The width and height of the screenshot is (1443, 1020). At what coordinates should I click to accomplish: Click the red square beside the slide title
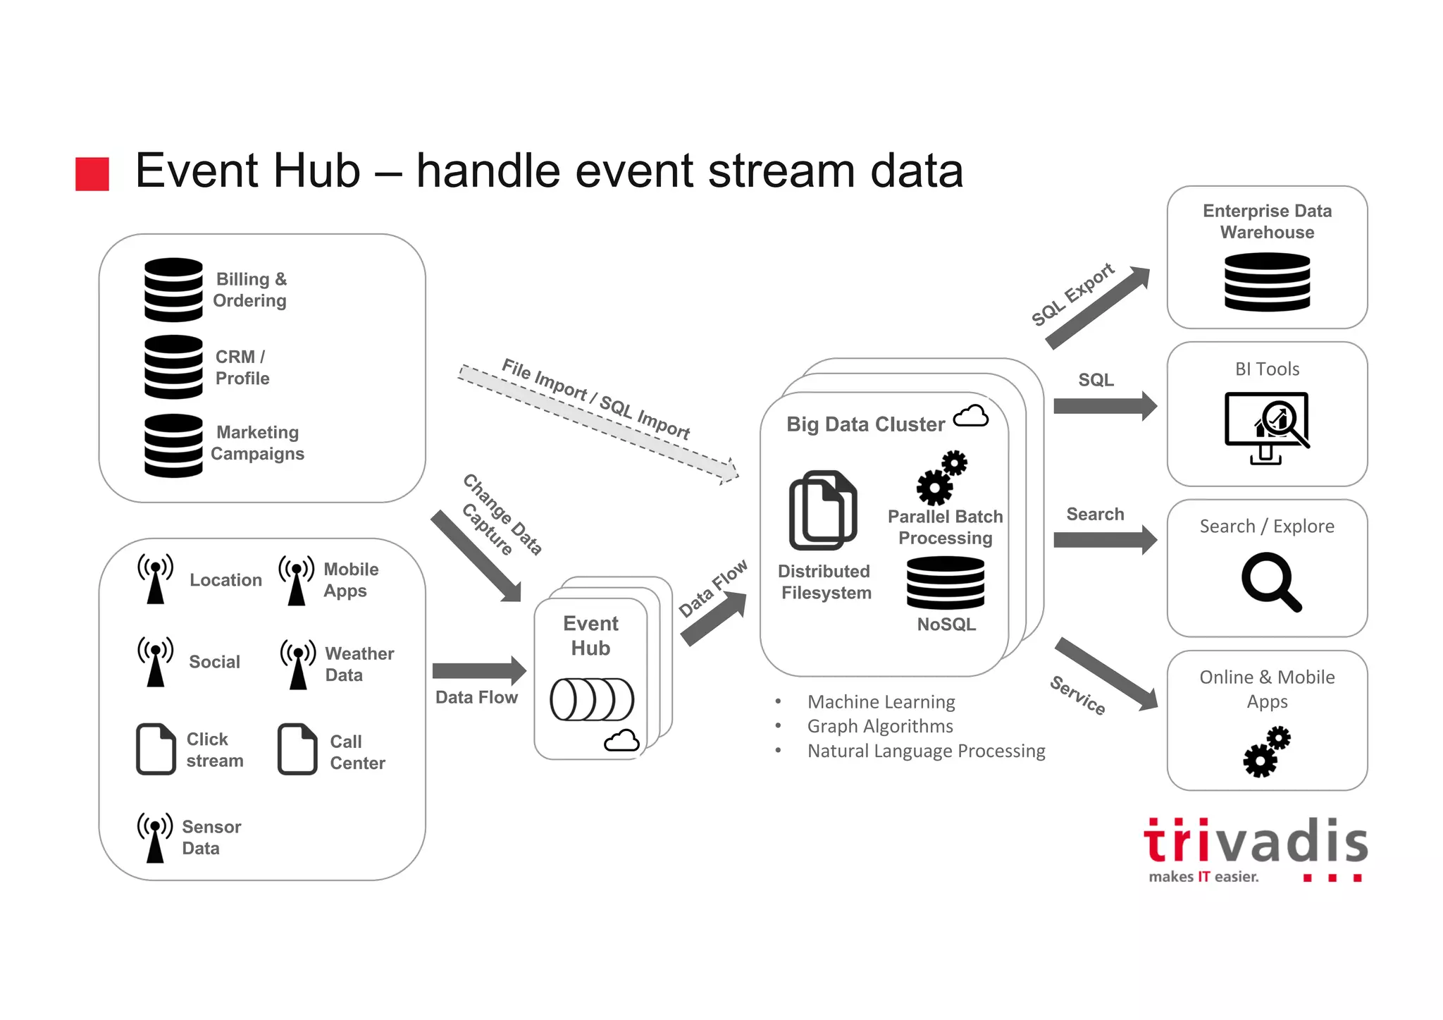(x=92, y=174)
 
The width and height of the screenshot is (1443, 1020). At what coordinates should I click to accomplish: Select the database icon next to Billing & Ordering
(x=173, y=290)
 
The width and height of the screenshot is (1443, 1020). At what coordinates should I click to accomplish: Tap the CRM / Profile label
(x=242, y=367)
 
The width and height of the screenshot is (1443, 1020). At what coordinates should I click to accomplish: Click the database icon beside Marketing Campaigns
(x=173, y=446)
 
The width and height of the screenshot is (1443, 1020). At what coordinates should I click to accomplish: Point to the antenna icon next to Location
(x=155, y=579)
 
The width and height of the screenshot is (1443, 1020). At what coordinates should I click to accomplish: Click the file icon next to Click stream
(x=156, y=749)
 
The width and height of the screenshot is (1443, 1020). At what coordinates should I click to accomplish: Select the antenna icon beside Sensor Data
(x=155, y=837)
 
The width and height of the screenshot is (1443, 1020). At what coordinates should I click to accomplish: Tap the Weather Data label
(x=359, y=664)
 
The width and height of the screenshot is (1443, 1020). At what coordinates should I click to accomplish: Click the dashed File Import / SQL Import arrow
(x=599, y=423)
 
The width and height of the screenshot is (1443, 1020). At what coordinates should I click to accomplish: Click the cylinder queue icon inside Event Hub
(x=592, y=699)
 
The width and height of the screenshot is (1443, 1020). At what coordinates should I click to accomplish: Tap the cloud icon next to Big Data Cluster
(x=971, y=417)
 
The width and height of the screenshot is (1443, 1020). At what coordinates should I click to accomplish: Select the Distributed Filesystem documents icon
(x=823, y=510)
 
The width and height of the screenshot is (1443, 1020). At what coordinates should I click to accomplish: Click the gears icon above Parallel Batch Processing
(x=941, y=478)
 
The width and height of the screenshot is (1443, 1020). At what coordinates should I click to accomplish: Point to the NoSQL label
(x=946, y=625)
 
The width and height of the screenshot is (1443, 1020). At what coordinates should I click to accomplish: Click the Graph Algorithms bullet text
(x=880, y=726)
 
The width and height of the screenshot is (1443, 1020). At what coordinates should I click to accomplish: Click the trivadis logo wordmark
(x=1256, y=842)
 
